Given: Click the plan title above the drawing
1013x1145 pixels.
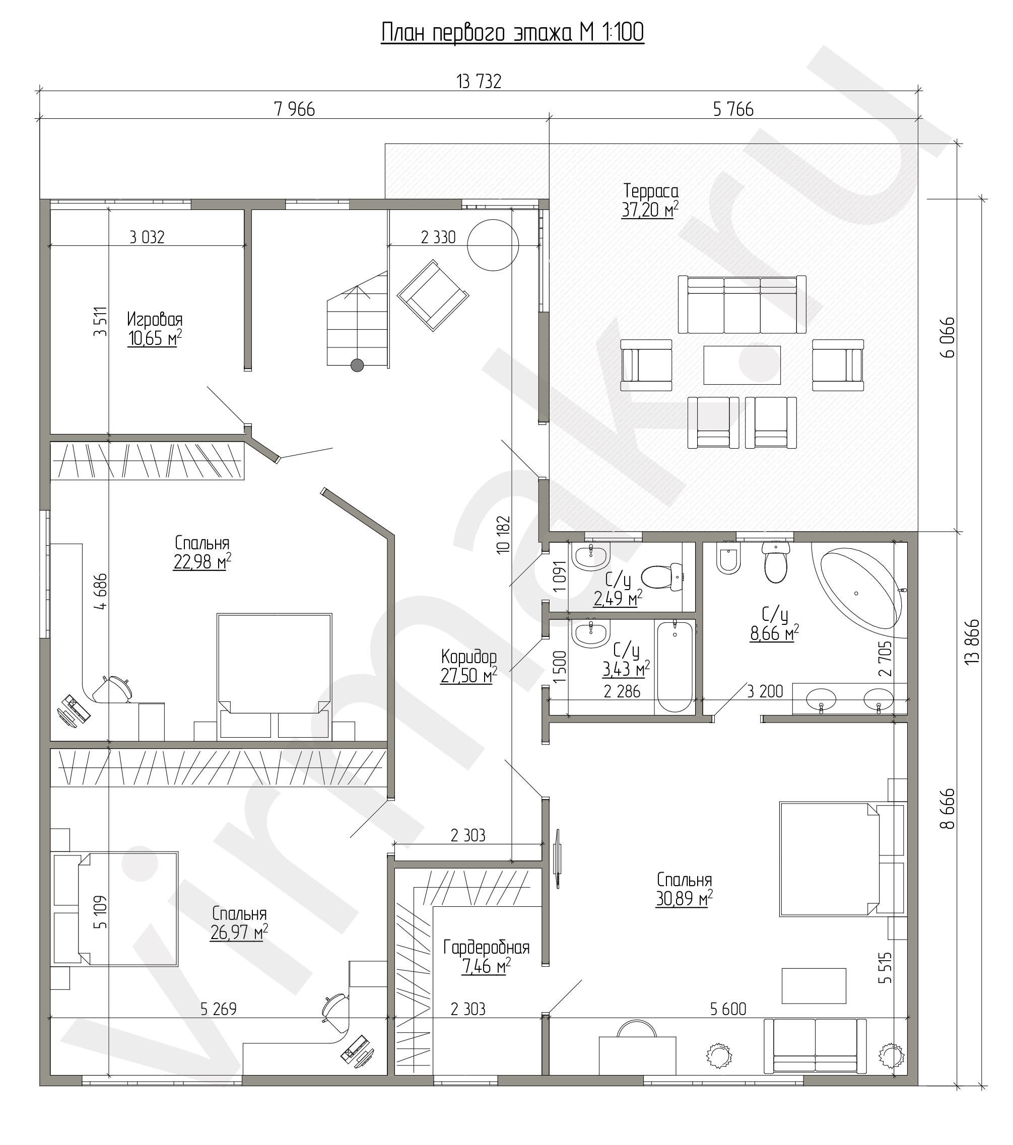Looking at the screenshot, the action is (512, 33).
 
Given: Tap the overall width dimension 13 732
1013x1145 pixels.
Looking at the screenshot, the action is (479, 82).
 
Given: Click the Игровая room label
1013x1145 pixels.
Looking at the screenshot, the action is (155, 320).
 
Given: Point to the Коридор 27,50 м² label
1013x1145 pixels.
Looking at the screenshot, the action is (468, 666).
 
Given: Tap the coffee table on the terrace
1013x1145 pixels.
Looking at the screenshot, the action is (742, 365).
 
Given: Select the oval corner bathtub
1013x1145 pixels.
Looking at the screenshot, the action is (863, 591).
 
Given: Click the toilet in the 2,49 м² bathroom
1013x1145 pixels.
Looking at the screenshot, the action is (662, 577).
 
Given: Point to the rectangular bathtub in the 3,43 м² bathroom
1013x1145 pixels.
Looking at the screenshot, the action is (676, 666).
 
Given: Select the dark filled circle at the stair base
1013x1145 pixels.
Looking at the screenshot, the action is (357, 365).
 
